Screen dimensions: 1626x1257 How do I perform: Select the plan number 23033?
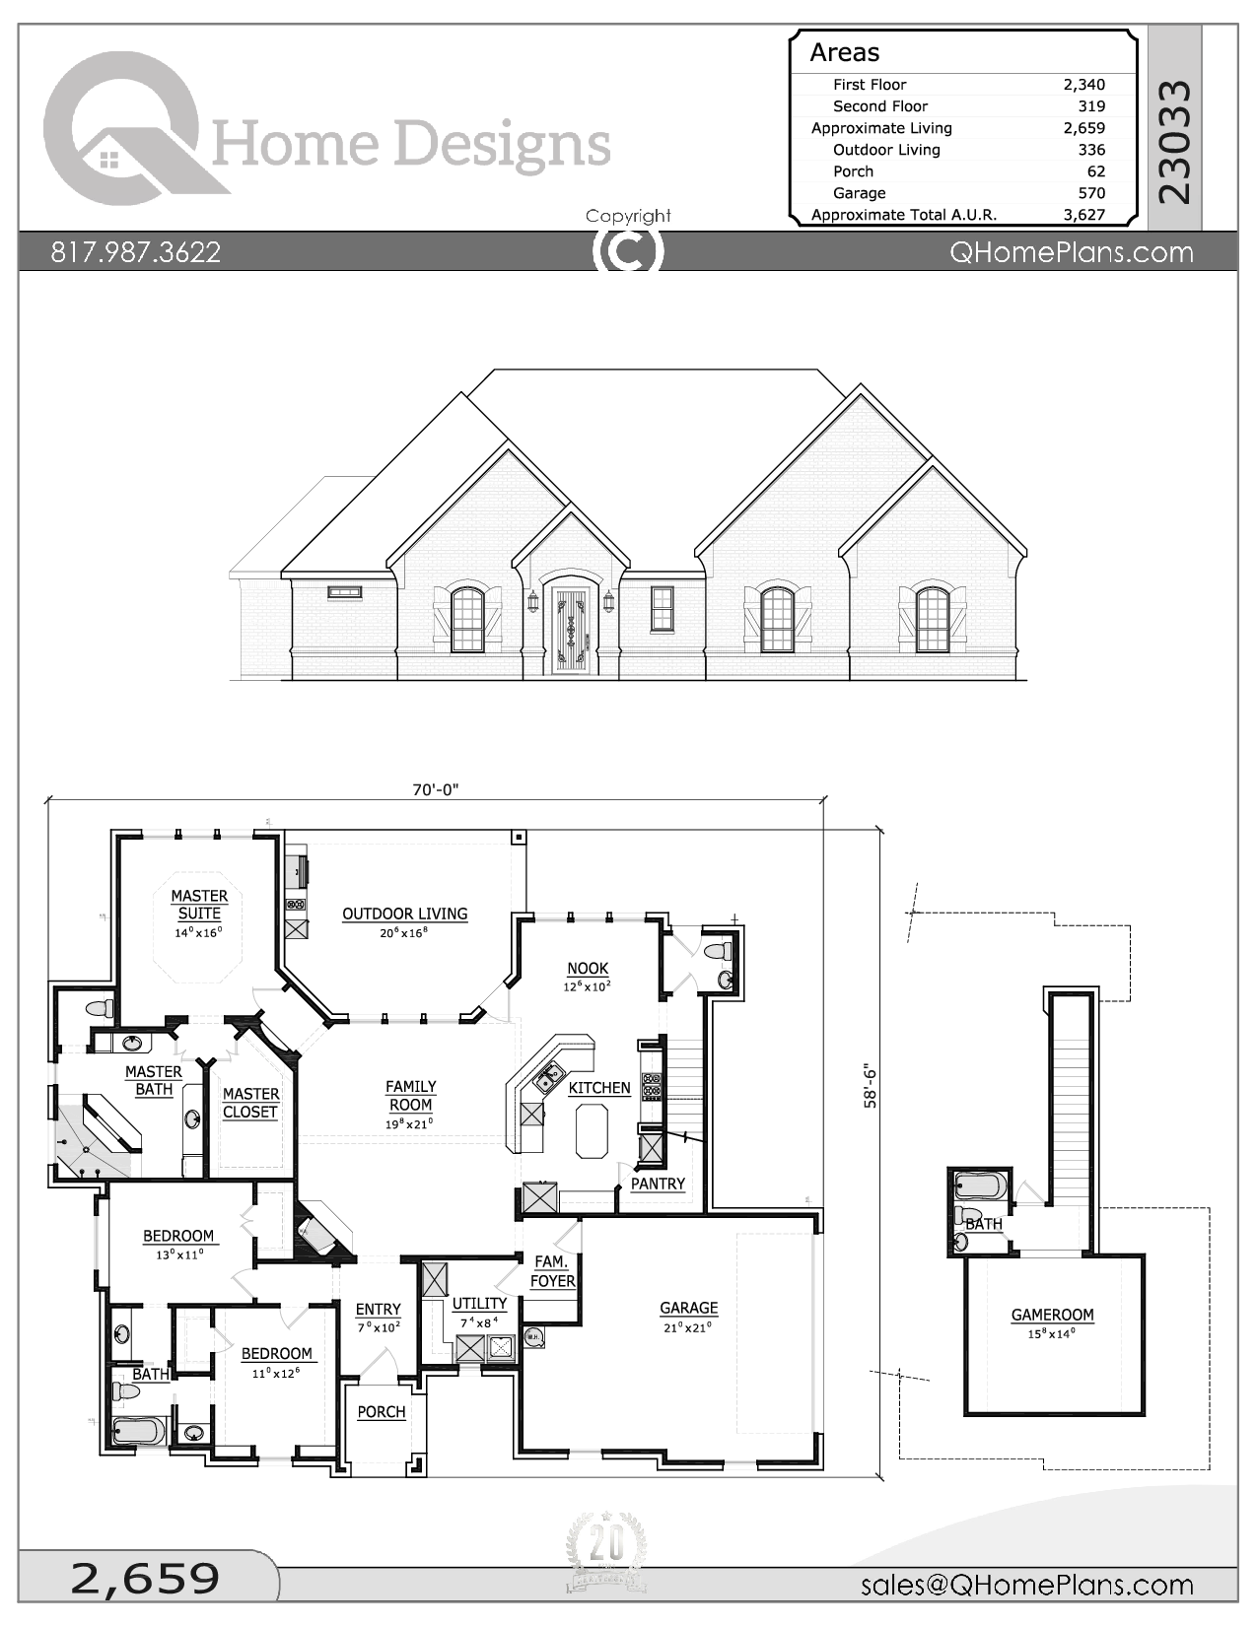click(1175, 142)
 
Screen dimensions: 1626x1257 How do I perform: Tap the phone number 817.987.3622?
click(136, 252)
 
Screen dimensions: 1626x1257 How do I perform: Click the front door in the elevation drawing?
click(571, 631)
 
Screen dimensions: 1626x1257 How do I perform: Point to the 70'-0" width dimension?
click(436, 789)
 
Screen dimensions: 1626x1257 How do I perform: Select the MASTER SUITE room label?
click(199, 905)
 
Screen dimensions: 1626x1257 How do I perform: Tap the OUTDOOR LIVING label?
click(404, 914)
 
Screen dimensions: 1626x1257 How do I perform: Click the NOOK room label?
click(588, 969)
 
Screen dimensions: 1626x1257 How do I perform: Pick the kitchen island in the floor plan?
click(591, 1130)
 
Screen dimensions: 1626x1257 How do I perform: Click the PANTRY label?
click(658, 1184)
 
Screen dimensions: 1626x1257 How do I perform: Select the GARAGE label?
click(688, 1308)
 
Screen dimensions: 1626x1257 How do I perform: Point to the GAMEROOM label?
click(1052, 1315)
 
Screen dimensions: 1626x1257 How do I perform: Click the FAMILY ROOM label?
click(410, 1096)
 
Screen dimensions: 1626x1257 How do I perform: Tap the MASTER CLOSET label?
click(250, 1103)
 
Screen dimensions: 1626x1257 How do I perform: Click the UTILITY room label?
click(479, 1304)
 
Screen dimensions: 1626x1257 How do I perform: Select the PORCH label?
click(382, 1412)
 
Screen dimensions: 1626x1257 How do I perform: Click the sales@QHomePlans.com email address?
click(1026, 1585)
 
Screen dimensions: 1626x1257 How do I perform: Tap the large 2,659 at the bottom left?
click(145, 1579)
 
